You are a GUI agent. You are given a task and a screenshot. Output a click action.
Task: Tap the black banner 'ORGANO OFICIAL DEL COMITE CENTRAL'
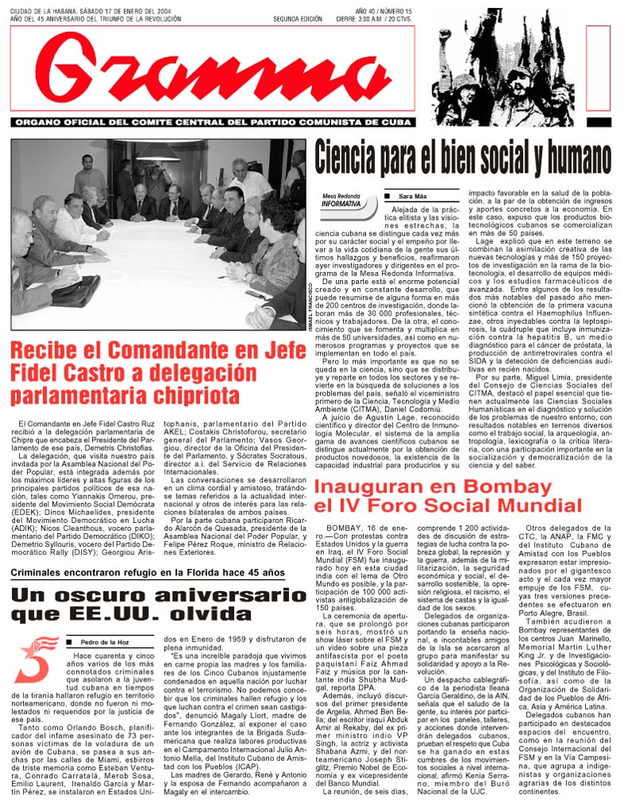tap(213, 123)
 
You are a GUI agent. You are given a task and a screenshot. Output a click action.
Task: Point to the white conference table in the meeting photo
tap(175, 263)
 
